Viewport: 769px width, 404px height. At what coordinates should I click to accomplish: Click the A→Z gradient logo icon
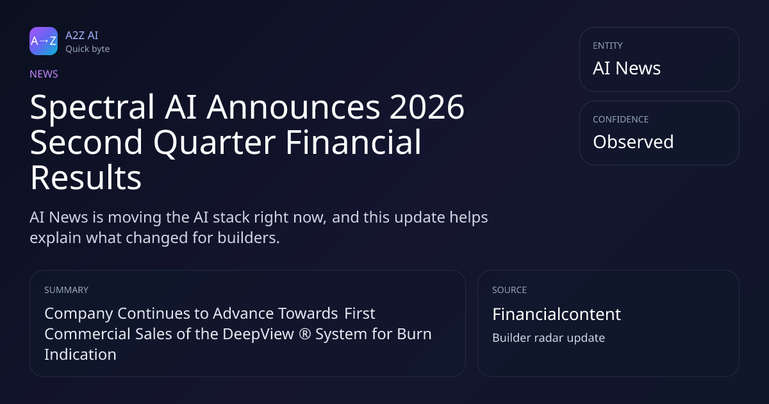tap(44, 41)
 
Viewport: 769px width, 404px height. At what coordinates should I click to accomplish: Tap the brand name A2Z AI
tap(82, 35)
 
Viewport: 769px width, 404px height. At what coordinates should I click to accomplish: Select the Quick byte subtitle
tap(88, 49)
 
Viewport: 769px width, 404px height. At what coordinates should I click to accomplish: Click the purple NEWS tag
tap(44, 74)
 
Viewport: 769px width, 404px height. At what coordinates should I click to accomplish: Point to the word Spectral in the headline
tap(92, 108)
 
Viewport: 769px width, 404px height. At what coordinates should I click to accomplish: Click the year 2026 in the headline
tap(427, 107)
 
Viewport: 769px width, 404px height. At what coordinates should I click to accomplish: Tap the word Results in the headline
tap(86, 177)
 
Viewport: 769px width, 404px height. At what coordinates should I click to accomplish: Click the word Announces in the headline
tap(294, 107)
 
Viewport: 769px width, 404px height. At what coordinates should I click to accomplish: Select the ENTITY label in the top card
tap(608, 46)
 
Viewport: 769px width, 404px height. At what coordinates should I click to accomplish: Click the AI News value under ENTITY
tap(627, 68)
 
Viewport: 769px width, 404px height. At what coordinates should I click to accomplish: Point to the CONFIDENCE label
tap(621, 119)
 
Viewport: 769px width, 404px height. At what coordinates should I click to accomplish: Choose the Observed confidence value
tap(633, 142)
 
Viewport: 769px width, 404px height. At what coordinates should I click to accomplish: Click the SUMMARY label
tap(66, 290)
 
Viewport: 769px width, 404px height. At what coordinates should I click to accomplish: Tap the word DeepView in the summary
tap(258, 334)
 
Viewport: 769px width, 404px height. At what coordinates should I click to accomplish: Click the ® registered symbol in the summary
tap(305, 334)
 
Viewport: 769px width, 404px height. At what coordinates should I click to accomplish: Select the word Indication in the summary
tap(80, 355)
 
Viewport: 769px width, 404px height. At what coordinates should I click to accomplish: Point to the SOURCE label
tap(509, 290)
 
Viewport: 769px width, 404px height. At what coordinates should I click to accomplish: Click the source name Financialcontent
tap(556, 314)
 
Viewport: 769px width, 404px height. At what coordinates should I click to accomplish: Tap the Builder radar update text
tap(549, 338)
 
